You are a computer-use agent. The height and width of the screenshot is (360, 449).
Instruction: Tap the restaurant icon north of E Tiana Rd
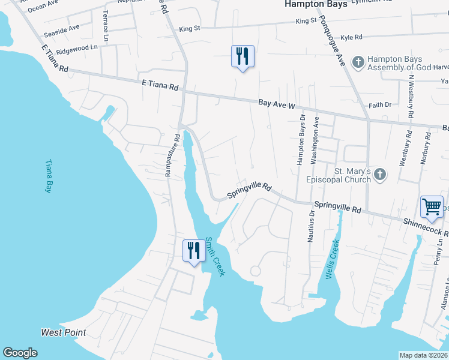pos(243,57)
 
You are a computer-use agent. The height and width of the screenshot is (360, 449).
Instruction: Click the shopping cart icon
pos(432,207)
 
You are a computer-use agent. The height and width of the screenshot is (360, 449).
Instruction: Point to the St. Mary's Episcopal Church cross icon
pos(379,175)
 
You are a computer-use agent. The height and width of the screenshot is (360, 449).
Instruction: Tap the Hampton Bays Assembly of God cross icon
pos(358,62)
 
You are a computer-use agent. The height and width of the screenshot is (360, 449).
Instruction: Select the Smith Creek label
pos(214,256)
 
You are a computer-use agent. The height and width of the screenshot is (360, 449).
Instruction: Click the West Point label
pos(64,332)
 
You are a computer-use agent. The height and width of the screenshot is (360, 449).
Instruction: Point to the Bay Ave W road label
pos(277,105)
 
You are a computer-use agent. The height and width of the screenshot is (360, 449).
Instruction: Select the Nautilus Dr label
pos(311,226)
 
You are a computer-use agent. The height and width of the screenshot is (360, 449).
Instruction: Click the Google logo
pos(20,353)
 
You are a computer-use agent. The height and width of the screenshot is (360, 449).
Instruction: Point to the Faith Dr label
pos(379,104)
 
